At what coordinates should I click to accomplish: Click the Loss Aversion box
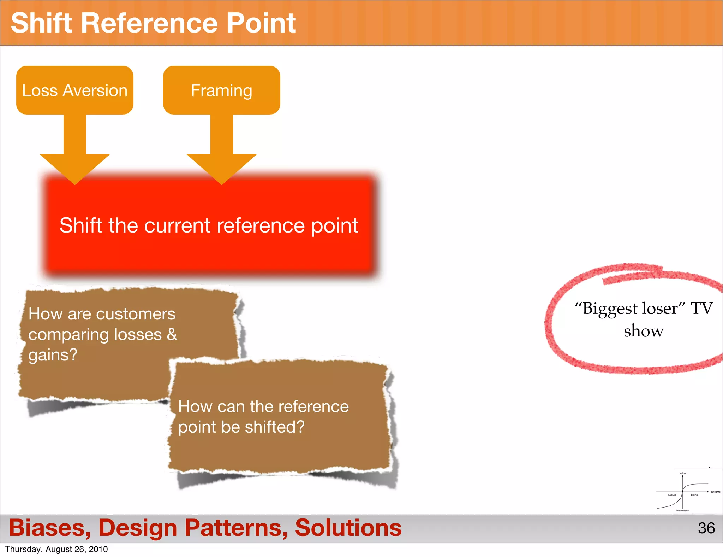pyautogui.click(x=74, y=90)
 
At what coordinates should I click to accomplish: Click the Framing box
pyautogui.click(x=221, y=90)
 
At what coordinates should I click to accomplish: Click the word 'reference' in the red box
pyautogui.click(x=261, y=225)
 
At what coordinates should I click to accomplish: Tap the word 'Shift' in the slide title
pyautogui.click(x=42, y=23)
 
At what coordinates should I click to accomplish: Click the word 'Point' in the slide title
pyautogui.click(x=261, y=23)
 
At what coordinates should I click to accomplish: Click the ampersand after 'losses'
pyautogui.click(x=172, y=334)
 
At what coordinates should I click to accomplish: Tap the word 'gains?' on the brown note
pyautogui.click(x=53, y=354)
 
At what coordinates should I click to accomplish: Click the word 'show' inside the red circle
pyautogui.click(x=644, y=331)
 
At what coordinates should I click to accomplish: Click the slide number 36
pyautogui.click(x=706, y=528)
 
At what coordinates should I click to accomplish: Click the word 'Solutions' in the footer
pyautogui.click(x=348, y=528)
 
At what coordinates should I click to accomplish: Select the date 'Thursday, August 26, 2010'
pyautogui.click(x=56, y=549)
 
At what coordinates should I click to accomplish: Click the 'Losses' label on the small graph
pyautogui.click(x=672, y=495)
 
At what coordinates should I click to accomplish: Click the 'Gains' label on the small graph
pyautogui.click(x=694, y=495)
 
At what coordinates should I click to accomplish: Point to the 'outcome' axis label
pyautogui.click(x=715, y=492)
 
